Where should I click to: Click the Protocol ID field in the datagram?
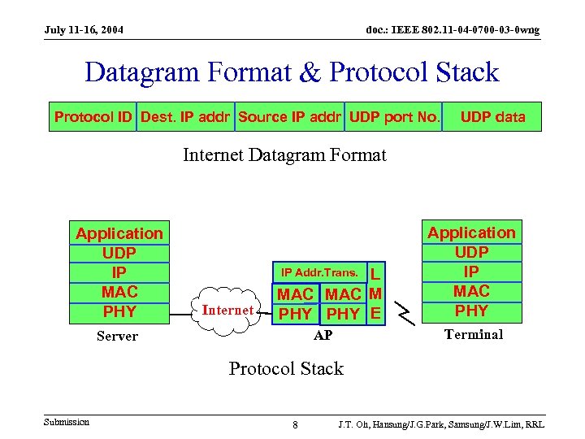click(x=93, y=117)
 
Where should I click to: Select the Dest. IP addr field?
click(x=186, y=117)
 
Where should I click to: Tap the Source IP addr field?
click(x=290, y=117)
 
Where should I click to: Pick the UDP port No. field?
click(x=394, y=117)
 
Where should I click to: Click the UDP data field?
click(x=492, y=117)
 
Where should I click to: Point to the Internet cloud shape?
click(x=227, y=310)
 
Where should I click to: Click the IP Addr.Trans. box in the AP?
click(x=319, y=272)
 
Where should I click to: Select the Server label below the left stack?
click(x=117, y=337)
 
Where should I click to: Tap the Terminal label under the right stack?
click(x=474, y=334)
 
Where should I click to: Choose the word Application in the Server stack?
click(x=119, y=234)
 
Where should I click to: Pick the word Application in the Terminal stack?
click(x=471, y=233)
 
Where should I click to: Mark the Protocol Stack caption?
click(x=286, y=368)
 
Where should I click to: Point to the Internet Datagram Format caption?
click(x=284, y=154)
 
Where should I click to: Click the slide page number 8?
click(x=295, y=425)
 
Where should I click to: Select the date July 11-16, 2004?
click(x=84, y=30)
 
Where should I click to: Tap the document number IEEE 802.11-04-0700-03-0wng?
click(x=452, y=30)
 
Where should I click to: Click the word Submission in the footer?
click(x=67, y=421)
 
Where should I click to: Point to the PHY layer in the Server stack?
click(x=119, y=311)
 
